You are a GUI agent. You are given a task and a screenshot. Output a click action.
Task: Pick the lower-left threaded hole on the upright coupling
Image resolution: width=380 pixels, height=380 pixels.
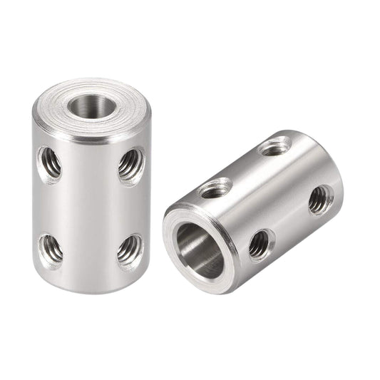click(x=50, y=249)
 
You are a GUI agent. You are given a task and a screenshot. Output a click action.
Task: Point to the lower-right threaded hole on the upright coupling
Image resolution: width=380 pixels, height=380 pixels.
click(x=129, y=250)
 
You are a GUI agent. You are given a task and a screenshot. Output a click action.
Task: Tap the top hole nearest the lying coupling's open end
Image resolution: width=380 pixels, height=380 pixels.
click(x=213, y=190)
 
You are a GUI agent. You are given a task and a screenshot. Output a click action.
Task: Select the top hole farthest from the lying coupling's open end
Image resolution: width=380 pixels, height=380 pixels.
click(x=273, y=148)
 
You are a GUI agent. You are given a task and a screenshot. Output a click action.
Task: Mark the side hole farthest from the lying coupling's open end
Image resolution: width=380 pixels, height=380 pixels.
click(x=319, y=200)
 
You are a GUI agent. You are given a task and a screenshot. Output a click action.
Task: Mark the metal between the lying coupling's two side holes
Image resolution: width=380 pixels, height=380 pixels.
click(x=289, y=222)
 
